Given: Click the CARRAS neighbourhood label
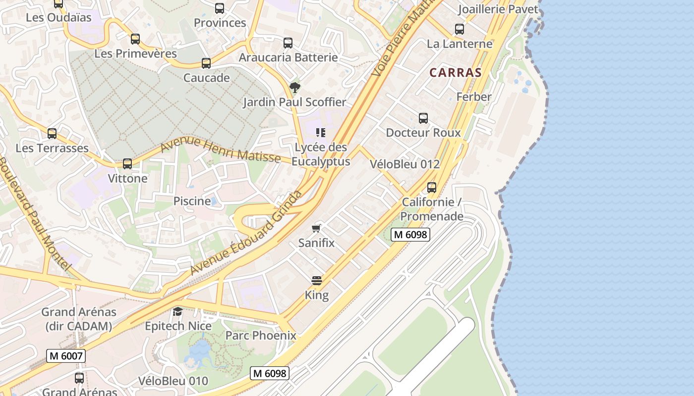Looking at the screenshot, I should coord(455,72).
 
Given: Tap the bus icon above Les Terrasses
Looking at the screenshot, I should coord(52,133).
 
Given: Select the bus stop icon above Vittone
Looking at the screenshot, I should coord(127,164).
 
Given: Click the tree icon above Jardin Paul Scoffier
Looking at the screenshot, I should coord(295,88).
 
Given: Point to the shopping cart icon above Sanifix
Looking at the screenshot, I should coord(316,228).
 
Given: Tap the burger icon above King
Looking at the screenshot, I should coord(317,281).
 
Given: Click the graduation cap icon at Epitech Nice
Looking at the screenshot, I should coord(177,311).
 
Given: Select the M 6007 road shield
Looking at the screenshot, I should coord(66,355).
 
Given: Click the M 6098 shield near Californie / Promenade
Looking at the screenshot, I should coord(410,235).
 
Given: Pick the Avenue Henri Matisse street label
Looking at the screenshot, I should coord(220,149).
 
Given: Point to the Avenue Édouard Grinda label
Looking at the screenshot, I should coord(246,233).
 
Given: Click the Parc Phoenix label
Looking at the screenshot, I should coord(261,335).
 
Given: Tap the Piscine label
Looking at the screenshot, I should coord(192,201).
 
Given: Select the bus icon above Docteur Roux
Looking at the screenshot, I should coord(423,118).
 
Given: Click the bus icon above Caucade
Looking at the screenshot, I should coord(206,63).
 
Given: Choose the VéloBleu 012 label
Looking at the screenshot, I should coord(405,164).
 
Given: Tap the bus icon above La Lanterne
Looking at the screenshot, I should coord(460,29).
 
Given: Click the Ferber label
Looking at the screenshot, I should coord(474,97).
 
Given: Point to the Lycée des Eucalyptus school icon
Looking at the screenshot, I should coord(321,132).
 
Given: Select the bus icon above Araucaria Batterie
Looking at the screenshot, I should coord(288,43).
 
